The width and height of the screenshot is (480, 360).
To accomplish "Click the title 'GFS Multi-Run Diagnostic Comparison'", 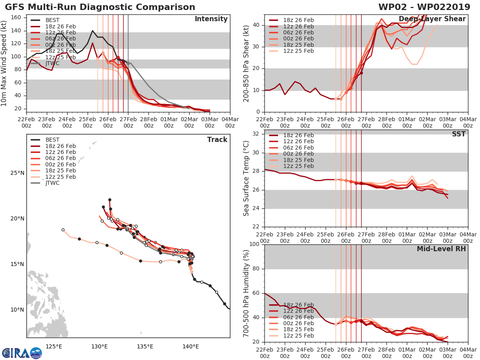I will (x=100, y=7).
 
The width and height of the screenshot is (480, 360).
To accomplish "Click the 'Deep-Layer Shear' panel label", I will (x=438, y=19).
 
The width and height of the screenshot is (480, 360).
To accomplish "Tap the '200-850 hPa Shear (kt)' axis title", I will (x=246, y=64).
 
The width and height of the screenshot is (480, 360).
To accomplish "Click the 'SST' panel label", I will (x=459, y=134).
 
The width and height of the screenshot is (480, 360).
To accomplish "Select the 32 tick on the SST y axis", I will (x=256, y=134).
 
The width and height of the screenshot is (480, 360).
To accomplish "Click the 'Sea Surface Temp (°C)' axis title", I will (x=246, y=179).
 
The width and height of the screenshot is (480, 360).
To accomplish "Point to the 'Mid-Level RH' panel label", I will (x=441, y=249).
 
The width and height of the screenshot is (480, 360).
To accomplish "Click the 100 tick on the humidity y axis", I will (x=254, y=244).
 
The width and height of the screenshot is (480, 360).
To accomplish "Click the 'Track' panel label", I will (x=217, y=140).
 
